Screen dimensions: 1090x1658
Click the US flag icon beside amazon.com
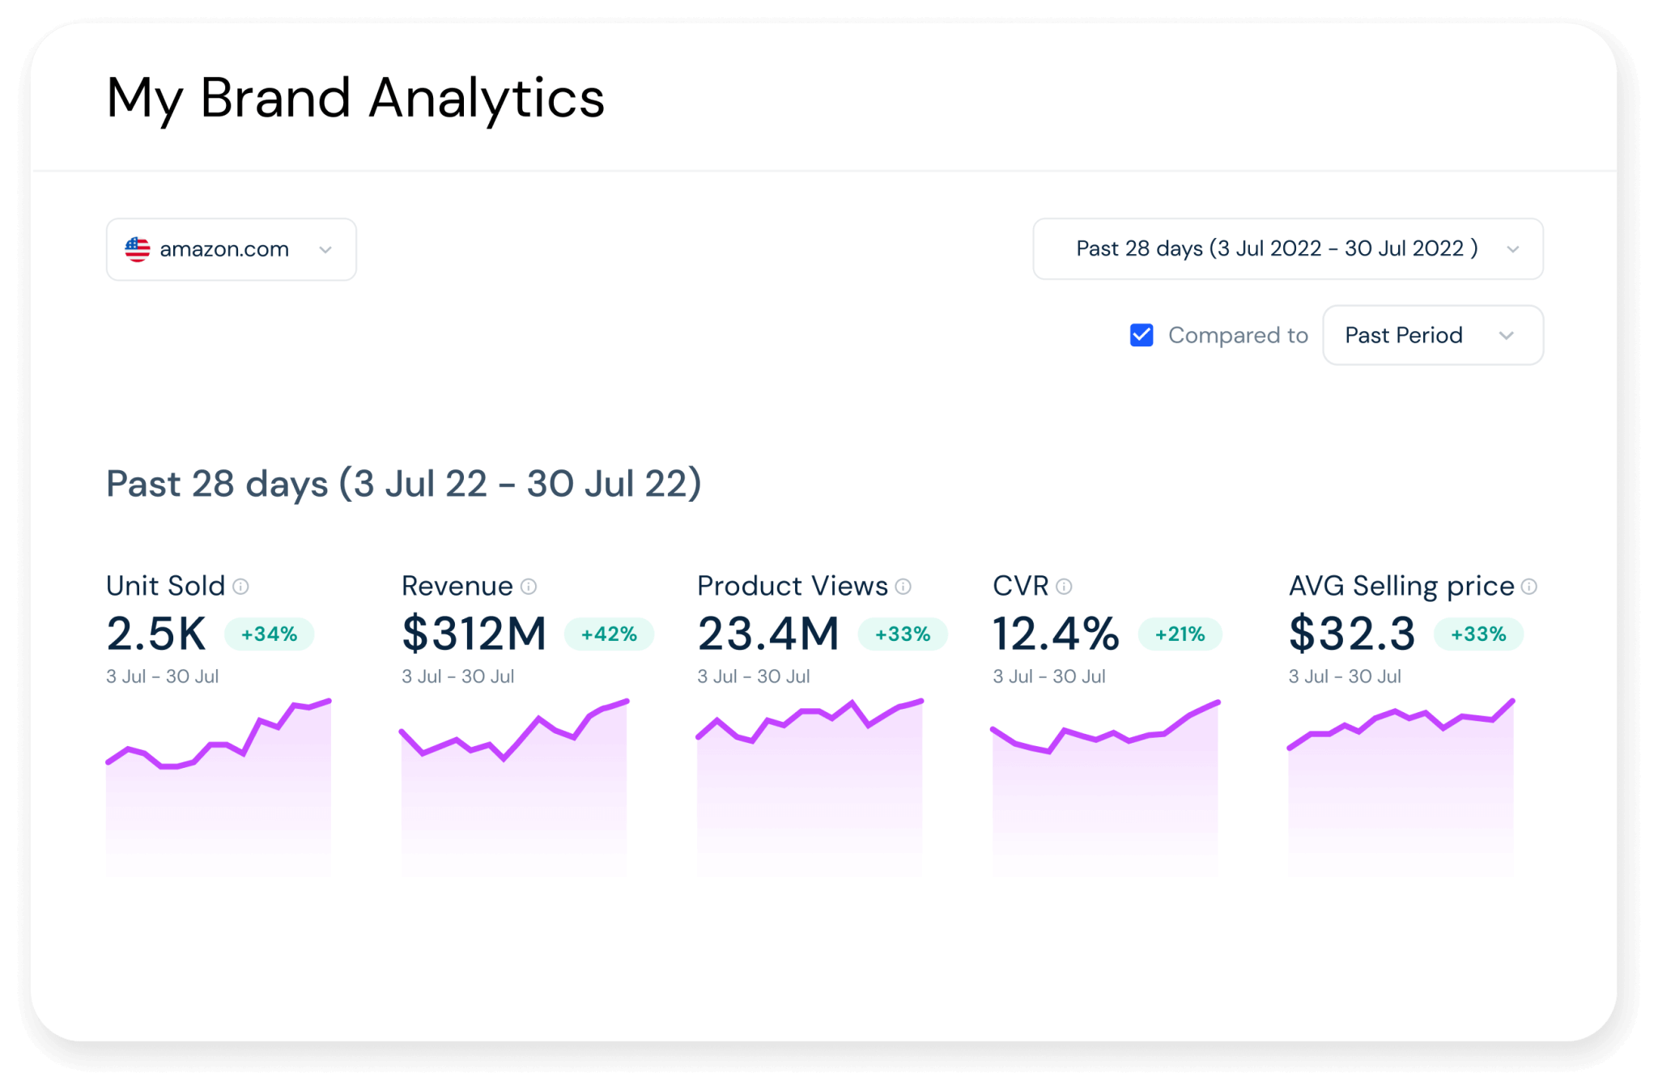(138, 249)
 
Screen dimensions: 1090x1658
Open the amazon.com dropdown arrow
(325, 250)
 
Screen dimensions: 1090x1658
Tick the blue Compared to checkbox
(1141, 335)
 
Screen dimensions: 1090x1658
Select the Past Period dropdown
(1432, 335)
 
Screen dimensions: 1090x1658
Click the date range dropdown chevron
(1512, 249)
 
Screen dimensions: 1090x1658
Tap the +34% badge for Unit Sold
(269, 634)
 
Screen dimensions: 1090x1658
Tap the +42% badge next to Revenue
(609, 634)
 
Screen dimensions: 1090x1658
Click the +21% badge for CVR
(1180, 634)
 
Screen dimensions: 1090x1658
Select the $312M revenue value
(474, 634)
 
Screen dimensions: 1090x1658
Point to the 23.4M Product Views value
(768, 634)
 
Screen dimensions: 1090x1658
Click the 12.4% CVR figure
(1056, 634)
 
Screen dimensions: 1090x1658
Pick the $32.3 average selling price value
(1352, 634)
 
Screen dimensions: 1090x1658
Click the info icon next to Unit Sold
(240, 587)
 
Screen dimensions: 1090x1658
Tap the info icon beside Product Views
(903, 587)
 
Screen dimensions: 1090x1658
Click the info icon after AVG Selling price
(1528, 587)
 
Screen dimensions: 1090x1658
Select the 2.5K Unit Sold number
(156, 634)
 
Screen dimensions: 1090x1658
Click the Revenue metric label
(457, 586)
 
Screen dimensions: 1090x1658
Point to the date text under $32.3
(1345, 676)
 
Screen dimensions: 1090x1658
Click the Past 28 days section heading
(403, 484)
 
